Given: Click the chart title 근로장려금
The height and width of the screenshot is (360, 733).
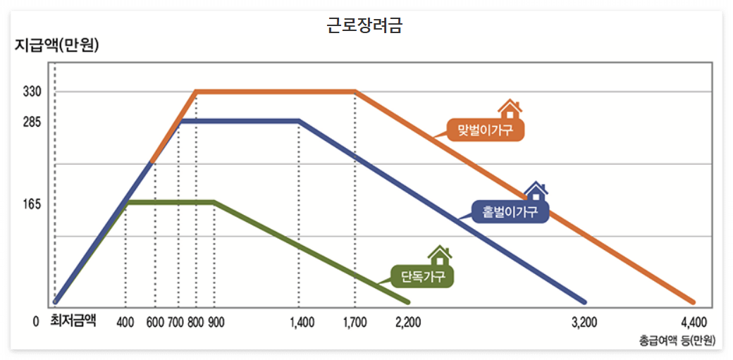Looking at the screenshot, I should click(365, 25).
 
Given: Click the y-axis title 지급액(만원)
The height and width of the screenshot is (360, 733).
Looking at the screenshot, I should click(57, 47).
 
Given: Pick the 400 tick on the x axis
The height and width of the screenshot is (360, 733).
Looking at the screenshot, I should click(125, 323).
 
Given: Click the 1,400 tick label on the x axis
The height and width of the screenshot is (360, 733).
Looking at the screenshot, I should click(302, 323).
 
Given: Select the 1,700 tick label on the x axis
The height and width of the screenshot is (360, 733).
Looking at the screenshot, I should click(355, 323).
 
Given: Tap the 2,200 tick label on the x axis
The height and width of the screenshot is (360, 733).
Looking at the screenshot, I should click(408, 323).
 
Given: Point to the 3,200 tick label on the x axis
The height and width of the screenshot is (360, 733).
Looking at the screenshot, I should click(584, 323).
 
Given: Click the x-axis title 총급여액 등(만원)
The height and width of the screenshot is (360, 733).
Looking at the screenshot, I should click(677, 341).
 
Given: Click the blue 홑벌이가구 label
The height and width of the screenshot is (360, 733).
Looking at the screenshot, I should click(510, 211).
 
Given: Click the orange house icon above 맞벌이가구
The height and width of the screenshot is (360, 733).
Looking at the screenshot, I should click(509, 109).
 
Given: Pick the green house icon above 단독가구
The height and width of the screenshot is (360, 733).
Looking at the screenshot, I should click(440, 255).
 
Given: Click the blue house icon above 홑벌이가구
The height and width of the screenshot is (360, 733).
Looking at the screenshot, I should click(536, 191).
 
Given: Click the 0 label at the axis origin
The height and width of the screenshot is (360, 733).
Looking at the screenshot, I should click(36, 323).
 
